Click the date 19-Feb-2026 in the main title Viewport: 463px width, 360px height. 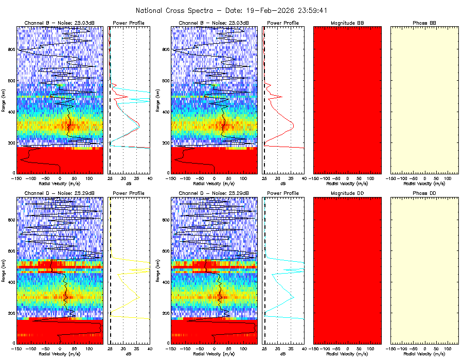click(272, 10)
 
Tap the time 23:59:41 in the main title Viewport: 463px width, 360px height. click(311, 10)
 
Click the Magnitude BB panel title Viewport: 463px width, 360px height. click(347, 23)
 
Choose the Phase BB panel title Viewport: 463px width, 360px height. click(424, 23)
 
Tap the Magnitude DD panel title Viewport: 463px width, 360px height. click(347, 193)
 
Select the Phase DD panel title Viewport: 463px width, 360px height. click(424, 193)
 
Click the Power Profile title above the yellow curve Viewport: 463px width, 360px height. click(129, 193)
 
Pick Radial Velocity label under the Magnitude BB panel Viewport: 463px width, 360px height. click(347, 183)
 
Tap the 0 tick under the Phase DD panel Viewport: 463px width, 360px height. click(424, 348)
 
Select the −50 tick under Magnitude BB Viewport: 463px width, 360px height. click(336, 178)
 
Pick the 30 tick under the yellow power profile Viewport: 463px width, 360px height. click(123, 348)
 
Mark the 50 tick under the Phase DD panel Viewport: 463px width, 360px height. click(436, 348)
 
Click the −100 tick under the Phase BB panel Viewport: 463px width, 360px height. click(402, 178)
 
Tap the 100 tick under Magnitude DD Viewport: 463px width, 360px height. click(370, 348)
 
